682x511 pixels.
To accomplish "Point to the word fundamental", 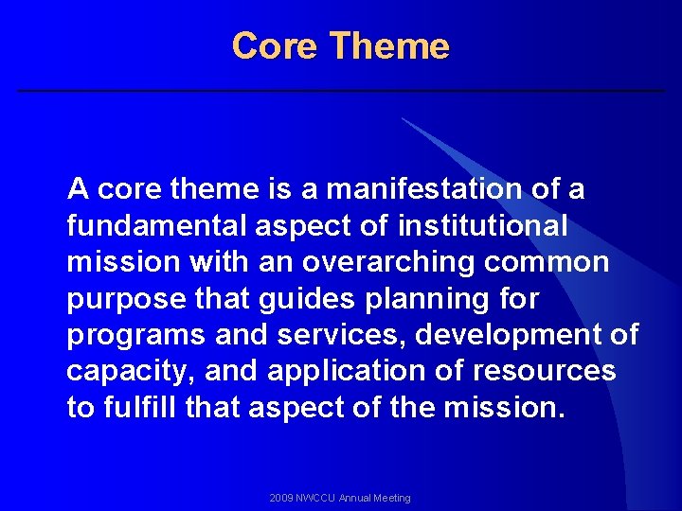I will click(148, 226).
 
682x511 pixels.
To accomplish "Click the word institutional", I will click(483, 226).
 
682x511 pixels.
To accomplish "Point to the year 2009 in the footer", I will click(280, 498).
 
